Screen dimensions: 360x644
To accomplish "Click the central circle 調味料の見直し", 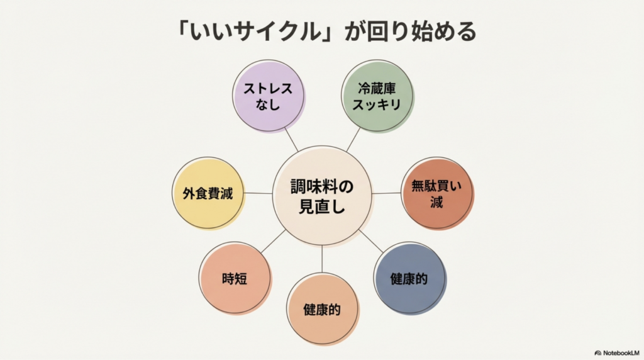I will [321, 194].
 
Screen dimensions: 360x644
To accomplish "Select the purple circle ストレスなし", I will [269, 96].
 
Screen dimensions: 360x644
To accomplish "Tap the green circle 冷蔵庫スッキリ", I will [377, 96].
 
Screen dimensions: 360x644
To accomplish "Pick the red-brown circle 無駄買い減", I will [436, 194].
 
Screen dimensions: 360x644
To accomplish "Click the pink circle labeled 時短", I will [235, 278].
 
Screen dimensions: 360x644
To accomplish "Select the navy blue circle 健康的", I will [409, 278].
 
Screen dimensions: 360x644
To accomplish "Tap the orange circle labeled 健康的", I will [322, 309].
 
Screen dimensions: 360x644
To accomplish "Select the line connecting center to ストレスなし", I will [291, 139].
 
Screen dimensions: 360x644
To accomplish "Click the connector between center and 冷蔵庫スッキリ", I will [353, 139].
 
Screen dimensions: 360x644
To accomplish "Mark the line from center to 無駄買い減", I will [386, 193].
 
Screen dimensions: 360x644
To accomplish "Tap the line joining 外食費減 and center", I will [258, 193].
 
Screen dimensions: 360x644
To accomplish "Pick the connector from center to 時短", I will [273, 241].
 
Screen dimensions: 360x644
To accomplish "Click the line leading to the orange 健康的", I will [322, 259].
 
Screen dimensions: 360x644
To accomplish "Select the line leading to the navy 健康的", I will [370, 240].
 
